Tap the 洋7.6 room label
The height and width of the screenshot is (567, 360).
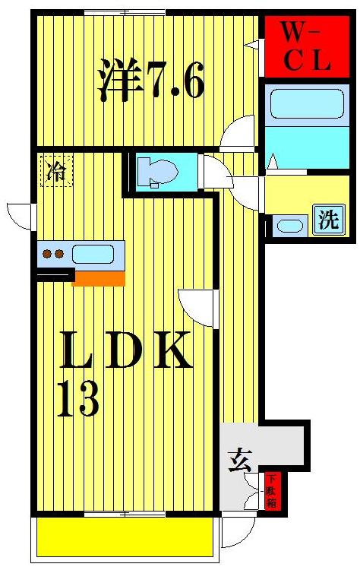point(150,80)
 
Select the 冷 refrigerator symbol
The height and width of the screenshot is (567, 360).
point(56,171)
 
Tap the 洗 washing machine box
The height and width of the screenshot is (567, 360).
point(328,220)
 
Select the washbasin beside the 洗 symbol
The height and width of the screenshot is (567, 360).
point(287,225)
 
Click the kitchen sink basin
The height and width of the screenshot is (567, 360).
point(93,254)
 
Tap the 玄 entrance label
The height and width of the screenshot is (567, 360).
point(241,459)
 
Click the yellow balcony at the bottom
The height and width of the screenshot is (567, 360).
point(125,537)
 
